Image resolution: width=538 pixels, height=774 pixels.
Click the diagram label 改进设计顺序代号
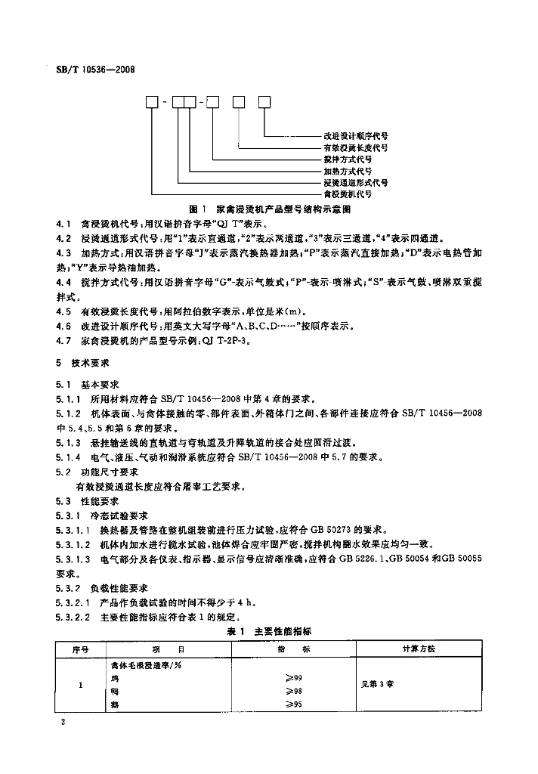pos(356,135)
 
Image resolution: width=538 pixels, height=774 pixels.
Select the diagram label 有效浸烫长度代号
pos(356,147)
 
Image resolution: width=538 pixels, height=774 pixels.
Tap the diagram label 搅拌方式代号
pos(348,159)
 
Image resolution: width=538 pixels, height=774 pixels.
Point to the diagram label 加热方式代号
pos(348,172)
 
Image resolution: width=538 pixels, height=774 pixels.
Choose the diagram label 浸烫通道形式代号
pos(356,183)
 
